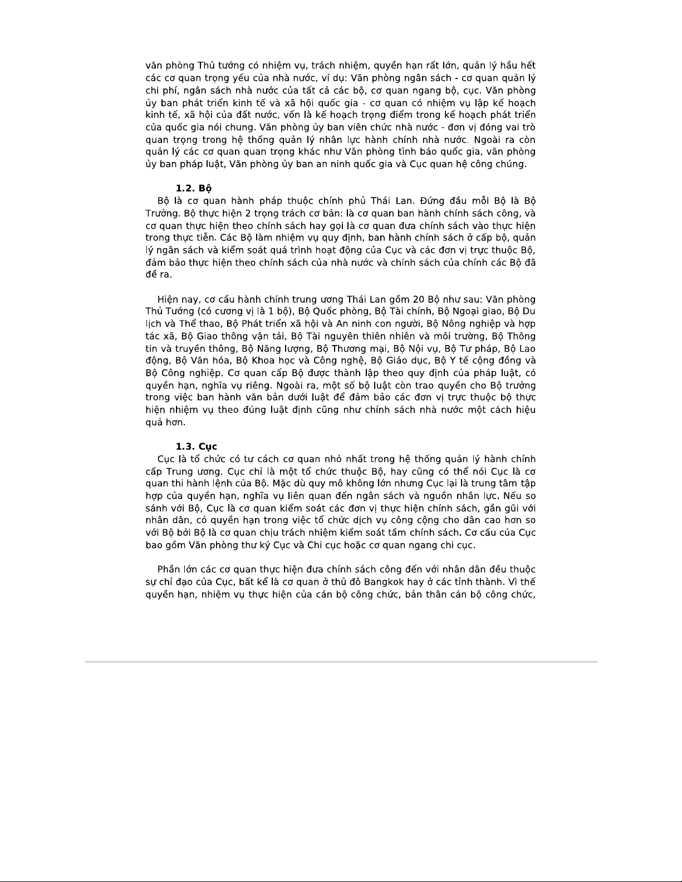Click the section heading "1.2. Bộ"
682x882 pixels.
pyautogui.click(x=193, y=189)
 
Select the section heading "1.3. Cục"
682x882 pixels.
pyautogui.click(x=196, y=447)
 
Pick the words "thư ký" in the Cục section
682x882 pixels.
pyautogui.click(x=255, y=545)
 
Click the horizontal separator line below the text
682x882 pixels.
pyautogui.click(x=341, y=662)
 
